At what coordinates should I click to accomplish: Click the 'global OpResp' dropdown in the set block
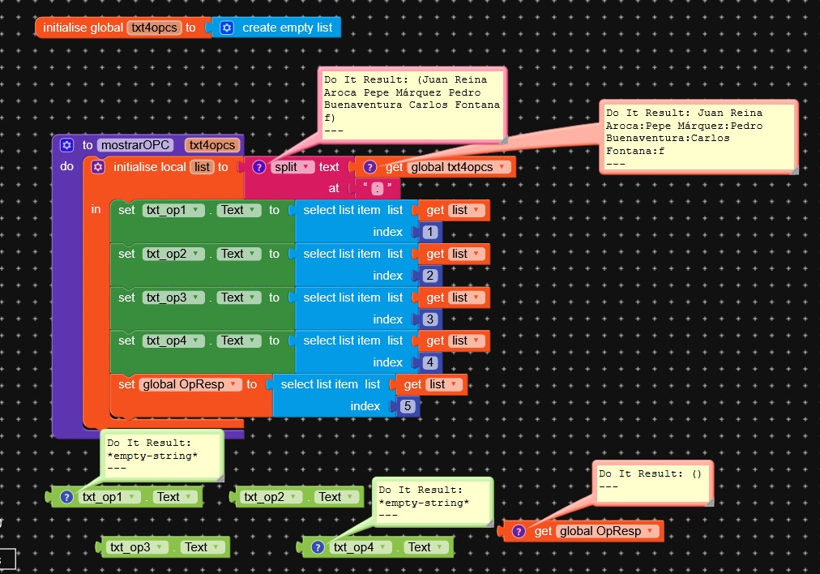point(191,384)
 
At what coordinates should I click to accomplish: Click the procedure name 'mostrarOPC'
point(135,145)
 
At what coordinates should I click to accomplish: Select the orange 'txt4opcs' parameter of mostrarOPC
point(212,145)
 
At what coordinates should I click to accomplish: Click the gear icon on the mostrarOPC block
point(66,145)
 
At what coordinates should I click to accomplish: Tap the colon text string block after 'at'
point(378,188)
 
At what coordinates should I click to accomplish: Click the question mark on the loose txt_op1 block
point(67,497)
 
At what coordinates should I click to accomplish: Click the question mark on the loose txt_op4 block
point(318,547)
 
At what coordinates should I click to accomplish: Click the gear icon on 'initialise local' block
point(98,167)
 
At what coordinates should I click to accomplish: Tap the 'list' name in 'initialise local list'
point(201,167)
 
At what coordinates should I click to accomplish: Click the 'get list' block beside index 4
point(452,341)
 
